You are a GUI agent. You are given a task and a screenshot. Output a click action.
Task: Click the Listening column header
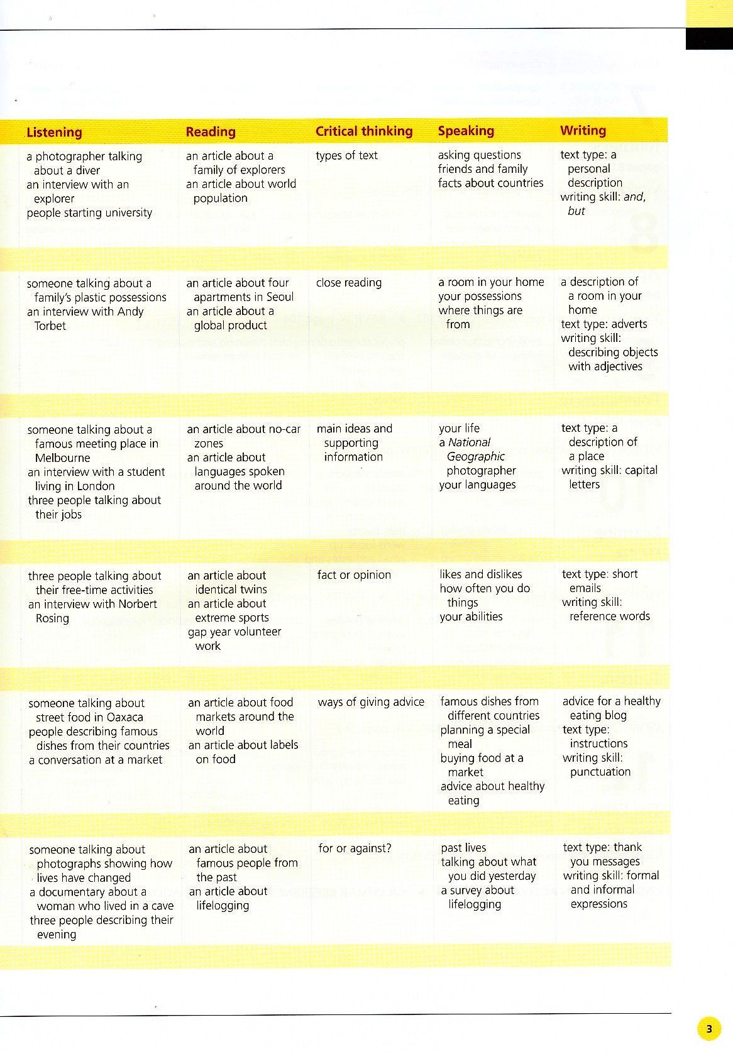coord(54,132)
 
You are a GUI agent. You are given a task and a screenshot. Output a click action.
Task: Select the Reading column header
coord(211,131)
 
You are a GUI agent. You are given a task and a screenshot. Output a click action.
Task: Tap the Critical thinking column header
coord(364,131)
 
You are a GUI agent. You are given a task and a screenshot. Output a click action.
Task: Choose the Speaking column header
coord(466,131)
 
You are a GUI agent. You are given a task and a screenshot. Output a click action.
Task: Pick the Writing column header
coord(583,130)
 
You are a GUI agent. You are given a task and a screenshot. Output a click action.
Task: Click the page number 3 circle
coord(709,1029)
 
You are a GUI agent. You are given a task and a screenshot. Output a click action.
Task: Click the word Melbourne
coord(62,458)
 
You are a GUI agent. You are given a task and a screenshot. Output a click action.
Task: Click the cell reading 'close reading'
coord(348,282)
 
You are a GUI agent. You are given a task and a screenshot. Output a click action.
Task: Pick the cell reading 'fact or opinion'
coord(354,574)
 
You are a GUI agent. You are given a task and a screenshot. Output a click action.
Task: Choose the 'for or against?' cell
coord(355,848)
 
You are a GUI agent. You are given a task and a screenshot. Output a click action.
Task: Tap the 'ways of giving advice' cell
coord(371,701)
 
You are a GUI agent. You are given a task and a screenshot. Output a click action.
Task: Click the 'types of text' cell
coord(346,155)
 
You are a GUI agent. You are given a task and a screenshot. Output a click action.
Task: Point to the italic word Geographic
coord(475,456)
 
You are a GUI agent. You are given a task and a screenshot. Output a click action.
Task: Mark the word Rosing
coord(52,618)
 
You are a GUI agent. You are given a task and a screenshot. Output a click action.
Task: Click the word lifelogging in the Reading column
coord(223,905)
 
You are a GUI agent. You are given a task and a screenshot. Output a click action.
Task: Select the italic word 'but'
coord(576,211)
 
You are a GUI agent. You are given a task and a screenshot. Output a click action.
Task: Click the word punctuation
coord(600,772)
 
